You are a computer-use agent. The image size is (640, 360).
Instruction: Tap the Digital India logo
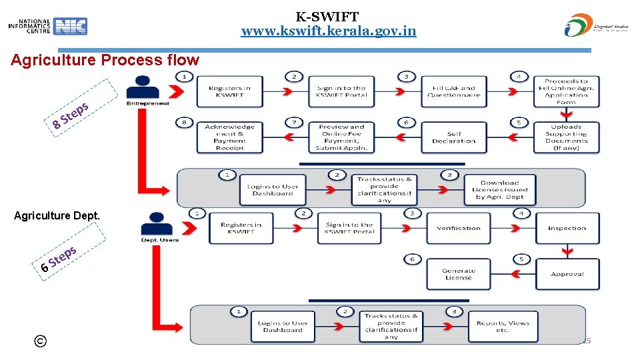click(x=596, y=25)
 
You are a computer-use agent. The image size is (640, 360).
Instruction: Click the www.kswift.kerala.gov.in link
click(x=328, y=31)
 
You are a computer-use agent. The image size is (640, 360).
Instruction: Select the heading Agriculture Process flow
click(x=105, y=60)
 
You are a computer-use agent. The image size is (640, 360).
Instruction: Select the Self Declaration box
click(x=453, y=137)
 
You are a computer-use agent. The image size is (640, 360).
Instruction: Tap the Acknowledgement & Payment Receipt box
click(x=229, y=137)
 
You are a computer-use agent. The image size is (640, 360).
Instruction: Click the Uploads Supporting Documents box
click(x=566, y=137)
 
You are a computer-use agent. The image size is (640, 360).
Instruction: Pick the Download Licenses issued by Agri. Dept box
click(x=499, y=189)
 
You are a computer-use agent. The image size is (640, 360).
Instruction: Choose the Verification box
click(x=458, y=228)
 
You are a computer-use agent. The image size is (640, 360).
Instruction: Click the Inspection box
click(x=567, y=228)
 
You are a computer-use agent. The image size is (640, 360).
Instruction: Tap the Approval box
click(x=567, y=274)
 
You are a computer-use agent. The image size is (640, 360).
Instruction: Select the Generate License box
click(x=458, y=274)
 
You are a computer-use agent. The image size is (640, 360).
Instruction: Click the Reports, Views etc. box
click(x=502, y=326)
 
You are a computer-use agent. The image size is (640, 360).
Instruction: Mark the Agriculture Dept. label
click(x=57, y=215)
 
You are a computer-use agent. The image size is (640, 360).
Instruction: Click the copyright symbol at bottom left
click(x=41, y=341)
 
